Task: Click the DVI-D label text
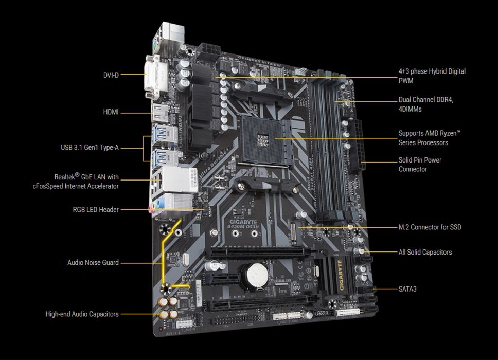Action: pos(111,75)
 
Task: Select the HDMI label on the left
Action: pos(110,112)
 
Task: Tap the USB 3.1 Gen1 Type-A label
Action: pos(90,148)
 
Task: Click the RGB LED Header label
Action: pos(96,209)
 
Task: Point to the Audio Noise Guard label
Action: pos(93,262)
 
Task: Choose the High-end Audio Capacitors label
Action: pos(82,314)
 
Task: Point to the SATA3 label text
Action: pos(407,289)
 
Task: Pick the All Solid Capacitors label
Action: pos(425,252)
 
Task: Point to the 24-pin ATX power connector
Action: pos(359,147)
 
